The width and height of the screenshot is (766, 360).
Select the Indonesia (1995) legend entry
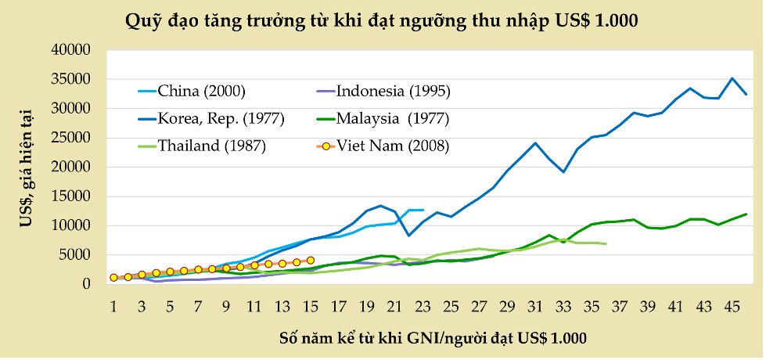(x=393, y=91)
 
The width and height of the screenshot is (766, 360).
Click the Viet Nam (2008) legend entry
(x=393, y=146)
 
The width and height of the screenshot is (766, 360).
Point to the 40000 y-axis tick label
(x=72, y=50)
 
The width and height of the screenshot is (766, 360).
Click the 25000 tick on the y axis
(x=72, y=138)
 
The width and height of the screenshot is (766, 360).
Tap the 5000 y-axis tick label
(x=76, y=255)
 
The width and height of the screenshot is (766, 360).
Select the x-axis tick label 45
(x=732, y=304)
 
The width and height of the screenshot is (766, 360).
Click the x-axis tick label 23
(x=423, y=304)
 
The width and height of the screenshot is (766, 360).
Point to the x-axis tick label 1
(x=113, y=304)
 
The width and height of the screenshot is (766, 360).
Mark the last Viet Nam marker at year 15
(x=311, y=260)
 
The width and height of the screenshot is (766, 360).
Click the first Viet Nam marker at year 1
(x=113, y=277)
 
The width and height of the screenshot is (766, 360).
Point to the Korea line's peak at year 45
(x=732, y=78)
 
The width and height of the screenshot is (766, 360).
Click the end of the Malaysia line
(x=746, y=214)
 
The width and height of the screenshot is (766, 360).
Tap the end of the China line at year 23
(x=423, y=210)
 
